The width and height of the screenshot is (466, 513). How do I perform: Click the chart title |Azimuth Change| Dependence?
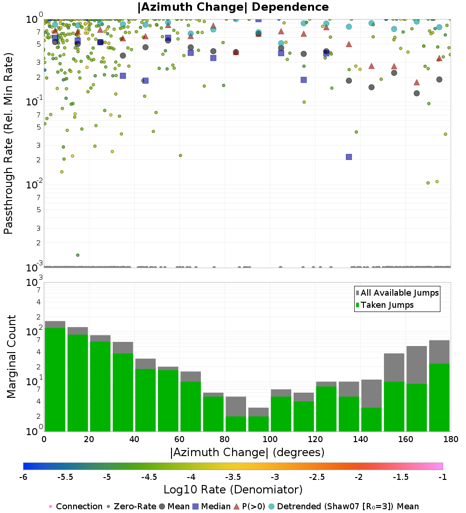[233, 7]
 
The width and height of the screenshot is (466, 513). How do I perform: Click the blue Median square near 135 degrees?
[349, 157]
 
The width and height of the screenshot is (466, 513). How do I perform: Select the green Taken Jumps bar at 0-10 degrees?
[55, 380]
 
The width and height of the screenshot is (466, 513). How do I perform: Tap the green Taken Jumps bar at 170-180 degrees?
[439, 397]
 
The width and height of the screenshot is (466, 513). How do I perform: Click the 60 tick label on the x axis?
[179, 439]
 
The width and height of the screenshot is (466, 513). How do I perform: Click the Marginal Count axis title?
[11, 357]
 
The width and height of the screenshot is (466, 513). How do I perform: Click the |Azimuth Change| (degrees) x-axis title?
[247, 452]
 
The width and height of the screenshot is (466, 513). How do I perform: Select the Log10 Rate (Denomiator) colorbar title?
[233, 490]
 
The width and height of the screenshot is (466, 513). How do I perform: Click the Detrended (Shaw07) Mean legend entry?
[348, 506]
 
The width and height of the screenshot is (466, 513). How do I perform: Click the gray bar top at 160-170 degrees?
[417, 347]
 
